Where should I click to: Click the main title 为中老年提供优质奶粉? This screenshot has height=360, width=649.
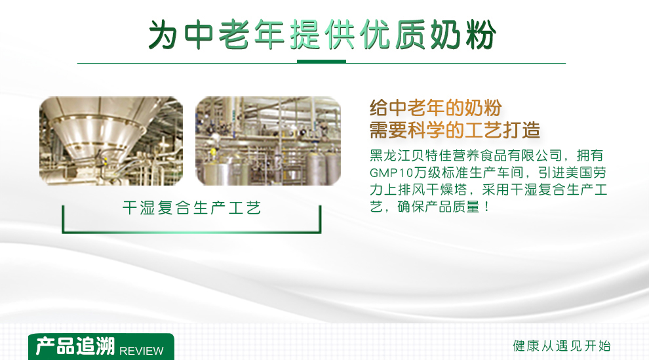pos(322,35)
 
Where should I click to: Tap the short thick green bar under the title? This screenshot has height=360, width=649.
pos(321,62)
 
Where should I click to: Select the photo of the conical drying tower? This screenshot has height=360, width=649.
pos(111,141)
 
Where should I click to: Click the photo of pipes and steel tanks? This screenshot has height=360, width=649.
pos(268,141)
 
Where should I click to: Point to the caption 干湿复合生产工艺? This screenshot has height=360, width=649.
pos(191,208)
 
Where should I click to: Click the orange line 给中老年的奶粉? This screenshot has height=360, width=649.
pos(435,108)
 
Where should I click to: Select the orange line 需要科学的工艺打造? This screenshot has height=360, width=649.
pos(454,130)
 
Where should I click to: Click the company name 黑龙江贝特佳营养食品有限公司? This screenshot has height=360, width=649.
pos(465,155)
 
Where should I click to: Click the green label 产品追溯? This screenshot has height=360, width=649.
pos(75,346)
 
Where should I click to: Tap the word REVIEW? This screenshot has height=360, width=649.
pos(141,351)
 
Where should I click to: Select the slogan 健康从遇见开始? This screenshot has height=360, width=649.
pos(562,346)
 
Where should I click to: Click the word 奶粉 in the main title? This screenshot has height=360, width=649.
pos(463,35)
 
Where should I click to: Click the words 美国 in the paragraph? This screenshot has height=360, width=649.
pos(565,172)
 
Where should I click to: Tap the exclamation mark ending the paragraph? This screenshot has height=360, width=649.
pos(486,207)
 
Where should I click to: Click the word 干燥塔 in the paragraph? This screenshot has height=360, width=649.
pos(446,190)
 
